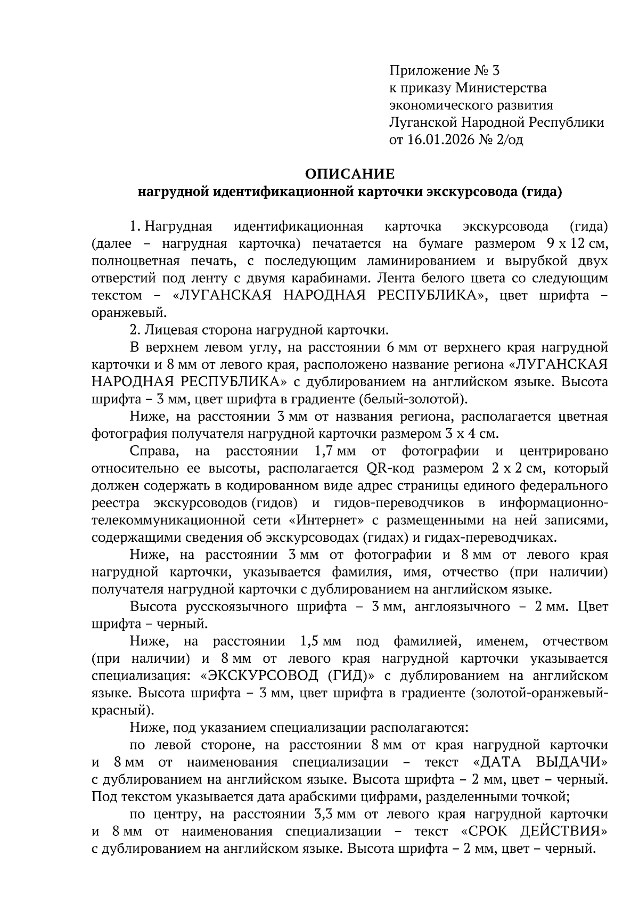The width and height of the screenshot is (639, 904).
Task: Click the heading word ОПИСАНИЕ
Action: (350, 174)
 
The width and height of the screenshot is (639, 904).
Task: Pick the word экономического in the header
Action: (439, 105)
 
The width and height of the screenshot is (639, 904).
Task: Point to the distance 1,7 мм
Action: (331, 451)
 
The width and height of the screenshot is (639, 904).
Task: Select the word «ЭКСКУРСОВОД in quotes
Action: (259, 676)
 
